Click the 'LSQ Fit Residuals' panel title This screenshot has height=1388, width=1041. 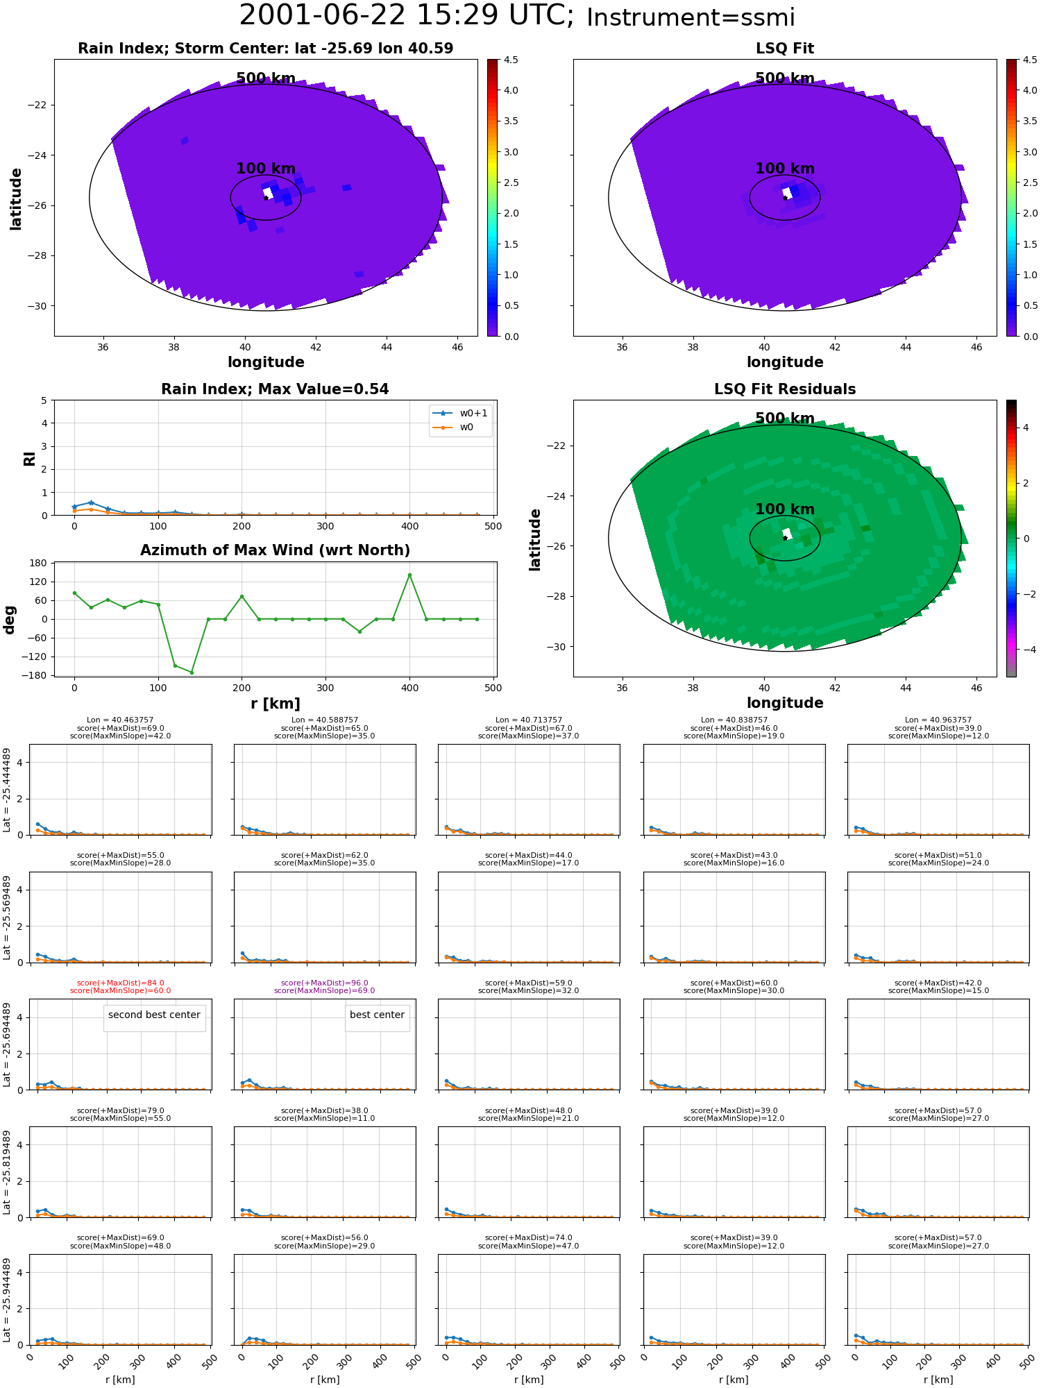785,389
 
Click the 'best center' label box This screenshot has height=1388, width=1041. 377,1015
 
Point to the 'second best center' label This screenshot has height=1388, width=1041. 154,1015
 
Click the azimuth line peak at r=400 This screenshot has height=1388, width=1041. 409,575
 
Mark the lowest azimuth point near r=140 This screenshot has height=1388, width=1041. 192,672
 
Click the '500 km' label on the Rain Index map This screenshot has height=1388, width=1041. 266,78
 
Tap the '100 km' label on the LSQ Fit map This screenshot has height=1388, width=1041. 785,169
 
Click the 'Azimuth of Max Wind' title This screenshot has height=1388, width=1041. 275,550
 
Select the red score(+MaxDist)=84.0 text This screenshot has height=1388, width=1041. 120,983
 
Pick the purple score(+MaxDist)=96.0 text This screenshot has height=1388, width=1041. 324,983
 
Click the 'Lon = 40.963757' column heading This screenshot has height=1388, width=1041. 938,720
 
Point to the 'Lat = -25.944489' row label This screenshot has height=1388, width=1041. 7,1300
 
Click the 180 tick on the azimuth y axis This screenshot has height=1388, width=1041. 38,562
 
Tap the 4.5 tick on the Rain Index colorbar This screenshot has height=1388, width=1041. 510,60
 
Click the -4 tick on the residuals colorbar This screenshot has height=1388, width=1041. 1026,650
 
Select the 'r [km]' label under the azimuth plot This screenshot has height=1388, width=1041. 275,704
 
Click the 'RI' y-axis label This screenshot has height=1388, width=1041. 29,458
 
